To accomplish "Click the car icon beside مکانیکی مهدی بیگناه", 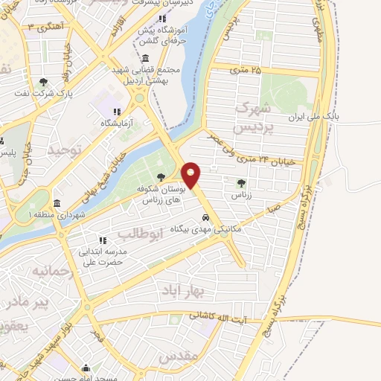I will [205, 219].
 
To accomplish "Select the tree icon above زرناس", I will [240, 182].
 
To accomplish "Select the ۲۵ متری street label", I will [246, 71].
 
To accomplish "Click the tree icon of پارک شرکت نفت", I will [43, 82].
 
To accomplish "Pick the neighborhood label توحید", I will [63, 150].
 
